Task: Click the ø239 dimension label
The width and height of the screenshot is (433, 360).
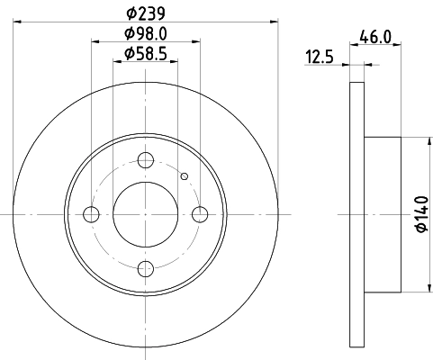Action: (x=145, y=14)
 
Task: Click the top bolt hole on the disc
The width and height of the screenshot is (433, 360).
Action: (x=145, y=160)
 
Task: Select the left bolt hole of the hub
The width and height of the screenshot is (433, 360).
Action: (x=91, y=214)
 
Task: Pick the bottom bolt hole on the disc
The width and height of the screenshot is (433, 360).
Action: (x=145, y=268)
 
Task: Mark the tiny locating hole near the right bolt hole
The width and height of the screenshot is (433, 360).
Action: (x=184, y=176)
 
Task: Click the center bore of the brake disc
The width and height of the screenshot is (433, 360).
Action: (x=145, y=214)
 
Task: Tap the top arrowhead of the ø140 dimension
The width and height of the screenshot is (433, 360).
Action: (x=427, y=140)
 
